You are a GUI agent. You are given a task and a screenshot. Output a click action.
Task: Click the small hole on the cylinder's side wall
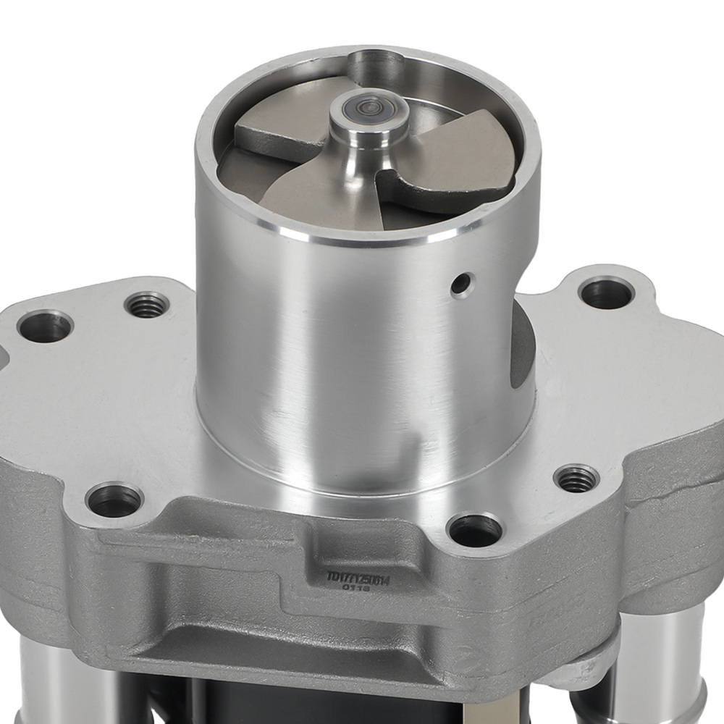pos(459,285)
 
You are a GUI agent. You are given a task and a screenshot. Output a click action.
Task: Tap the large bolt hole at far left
pos(45,327)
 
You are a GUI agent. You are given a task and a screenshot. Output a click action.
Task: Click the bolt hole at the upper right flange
pos(607,292)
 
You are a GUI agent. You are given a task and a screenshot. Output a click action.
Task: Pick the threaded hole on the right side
pos(576,477)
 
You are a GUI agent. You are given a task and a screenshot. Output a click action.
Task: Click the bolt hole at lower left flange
pos(114,500)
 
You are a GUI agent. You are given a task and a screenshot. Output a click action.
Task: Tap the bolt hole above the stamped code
pos(474,530)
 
